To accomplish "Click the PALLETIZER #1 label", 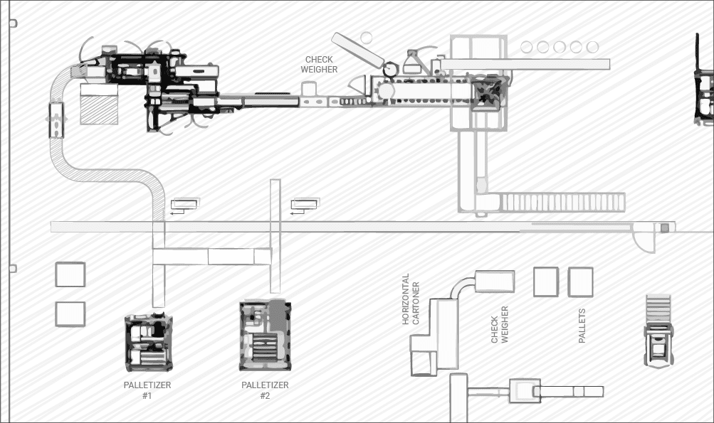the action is (x=147, y=390).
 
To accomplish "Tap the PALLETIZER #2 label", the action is (x=265, y=390).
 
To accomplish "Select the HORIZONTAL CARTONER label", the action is (x=411, y=299).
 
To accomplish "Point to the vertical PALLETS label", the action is (x=582, y=326).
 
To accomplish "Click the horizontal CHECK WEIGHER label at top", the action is (x=319, y=65).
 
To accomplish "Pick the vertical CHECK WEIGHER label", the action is (x=500, y=324).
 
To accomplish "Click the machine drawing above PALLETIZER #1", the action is (x=149, y=341).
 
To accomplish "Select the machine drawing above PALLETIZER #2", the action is (x=266, y=336).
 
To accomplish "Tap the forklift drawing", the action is (x=658, y=331).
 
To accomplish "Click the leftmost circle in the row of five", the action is (x=526, y=47).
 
